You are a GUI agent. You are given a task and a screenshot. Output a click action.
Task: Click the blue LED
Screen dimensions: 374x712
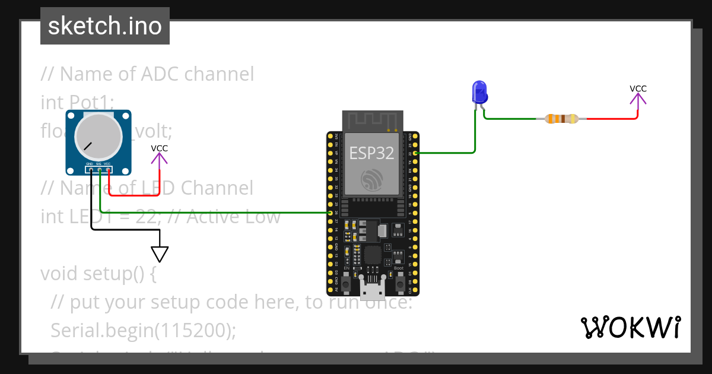pos(479,93)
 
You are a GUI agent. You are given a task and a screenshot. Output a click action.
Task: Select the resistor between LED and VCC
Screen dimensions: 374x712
pos(561,119)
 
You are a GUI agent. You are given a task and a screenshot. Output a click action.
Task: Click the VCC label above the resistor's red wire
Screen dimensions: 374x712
pos(638,89)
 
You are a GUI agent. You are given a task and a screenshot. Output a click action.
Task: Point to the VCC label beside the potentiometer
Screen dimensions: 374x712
pos(159,148)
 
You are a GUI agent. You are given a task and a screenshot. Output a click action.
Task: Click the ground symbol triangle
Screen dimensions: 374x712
pos(159,253)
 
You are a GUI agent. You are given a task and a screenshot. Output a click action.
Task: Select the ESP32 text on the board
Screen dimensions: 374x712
pos(371,153)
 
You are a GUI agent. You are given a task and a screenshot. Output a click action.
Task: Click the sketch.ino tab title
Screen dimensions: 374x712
pos(105,26)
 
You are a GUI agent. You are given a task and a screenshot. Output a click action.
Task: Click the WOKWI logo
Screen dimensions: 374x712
pos(630,328)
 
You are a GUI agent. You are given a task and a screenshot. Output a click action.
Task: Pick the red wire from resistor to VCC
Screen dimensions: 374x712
pos(617,119)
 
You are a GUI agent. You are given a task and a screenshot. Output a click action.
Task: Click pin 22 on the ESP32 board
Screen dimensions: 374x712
pos(415,153)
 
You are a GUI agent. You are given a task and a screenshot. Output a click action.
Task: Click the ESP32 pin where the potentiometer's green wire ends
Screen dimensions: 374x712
pos(330,213)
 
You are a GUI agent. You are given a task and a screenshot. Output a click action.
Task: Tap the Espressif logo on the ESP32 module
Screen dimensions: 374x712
pos(372,179)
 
